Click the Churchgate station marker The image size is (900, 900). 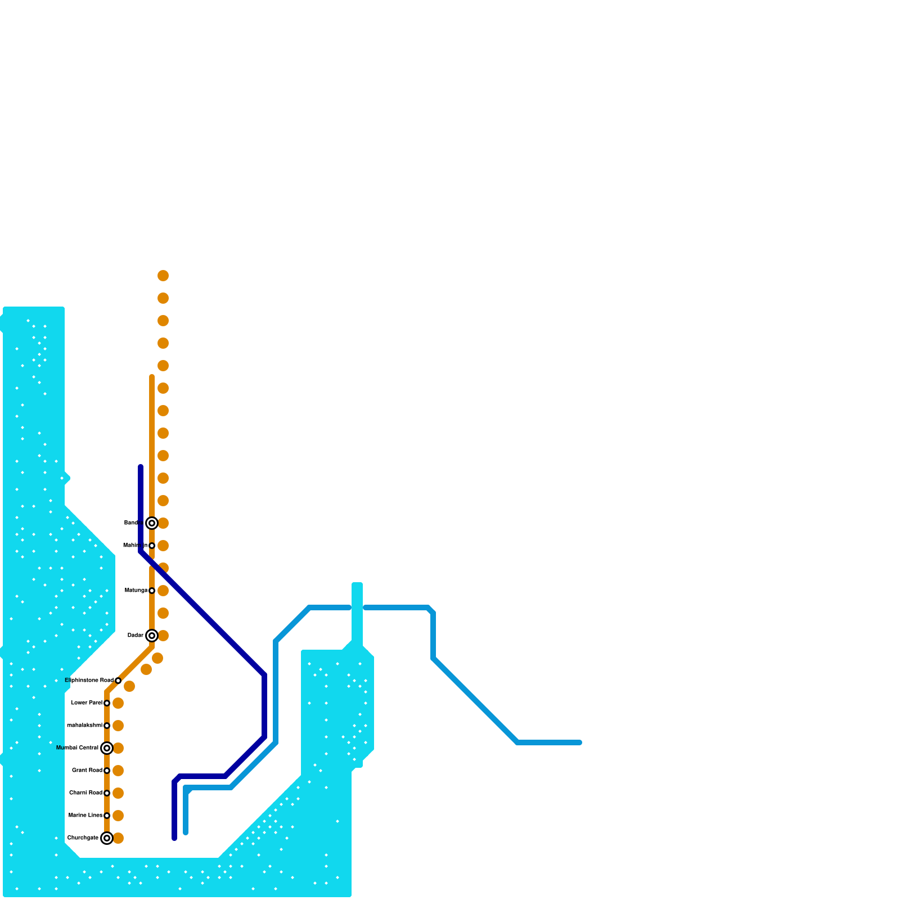click(107, 838)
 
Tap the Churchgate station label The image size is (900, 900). click(82, 838)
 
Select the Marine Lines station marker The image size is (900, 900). click(107, 816)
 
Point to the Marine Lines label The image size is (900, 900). click(85, 816)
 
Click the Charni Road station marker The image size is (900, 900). click(107, 793)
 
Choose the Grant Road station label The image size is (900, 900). click(87, 771)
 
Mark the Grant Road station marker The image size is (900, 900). click(107, 771)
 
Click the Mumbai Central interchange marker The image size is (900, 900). click(107, 748)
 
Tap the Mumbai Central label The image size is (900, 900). click(77, 748)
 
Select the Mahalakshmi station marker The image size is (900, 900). click(107, 726)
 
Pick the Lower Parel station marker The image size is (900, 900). click(107, 703)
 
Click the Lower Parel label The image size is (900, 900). click(87, 703)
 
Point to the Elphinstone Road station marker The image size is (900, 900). click(118, 681)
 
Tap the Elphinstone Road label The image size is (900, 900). click(89, 681)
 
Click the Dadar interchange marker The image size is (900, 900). click(152, 636)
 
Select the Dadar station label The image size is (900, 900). click(135, 636)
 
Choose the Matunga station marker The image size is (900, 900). click(152, 591)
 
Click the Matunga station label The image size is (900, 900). click(136, 591)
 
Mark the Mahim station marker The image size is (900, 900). click(152, 546)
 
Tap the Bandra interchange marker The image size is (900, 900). click(152, 523)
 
